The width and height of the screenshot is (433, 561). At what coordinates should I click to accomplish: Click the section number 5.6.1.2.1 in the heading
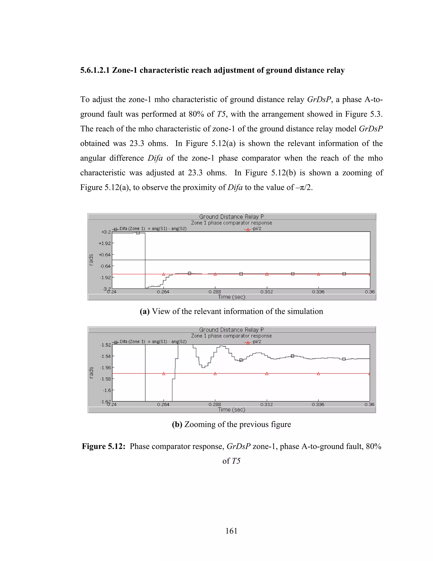95,70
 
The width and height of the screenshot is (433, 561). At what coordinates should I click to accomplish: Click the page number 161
231,531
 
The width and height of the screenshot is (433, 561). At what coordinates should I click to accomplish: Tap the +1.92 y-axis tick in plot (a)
105,243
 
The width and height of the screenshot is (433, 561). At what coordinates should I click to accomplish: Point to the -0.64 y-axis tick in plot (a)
105,266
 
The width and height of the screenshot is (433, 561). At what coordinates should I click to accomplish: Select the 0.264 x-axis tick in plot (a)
163,292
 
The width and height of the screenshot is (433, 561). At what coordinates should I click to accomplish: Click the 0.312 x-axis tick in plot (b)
267,405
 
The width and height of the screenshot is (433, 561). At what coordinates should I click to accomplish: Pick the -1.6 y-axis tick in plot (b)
107,390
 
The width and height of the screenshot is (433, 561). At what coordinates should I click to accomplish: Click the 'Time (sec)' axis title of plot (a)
231,297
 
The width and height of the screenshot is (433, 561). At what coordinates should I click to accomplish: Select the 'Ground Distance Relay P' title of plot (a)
231,217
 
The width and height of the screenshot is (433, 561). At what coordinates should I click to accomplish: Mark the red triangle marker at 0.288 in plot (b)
215,373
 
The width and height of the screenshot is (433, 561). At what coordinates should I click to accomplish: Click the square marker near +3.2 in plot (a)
138,233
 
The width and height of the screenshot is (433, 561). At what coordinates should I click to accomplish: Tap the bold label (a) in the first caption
144,311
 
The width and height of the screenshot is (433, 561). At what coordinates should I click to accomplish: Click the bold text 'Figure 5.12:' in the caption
103,446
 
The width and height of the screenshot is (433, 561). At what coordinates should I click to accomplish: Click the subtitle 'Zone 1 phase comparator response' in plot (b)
231,336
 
